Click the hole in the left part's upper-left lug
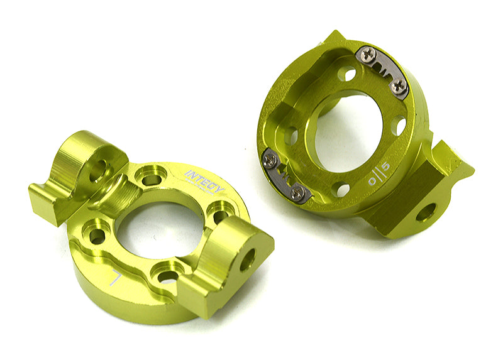coord(98,170)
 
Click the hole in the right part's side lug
coord(425,213)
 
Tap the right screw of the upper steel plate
coord(398,87)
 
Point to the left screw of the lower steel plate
coord(271,161)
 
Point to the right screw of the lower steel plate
coord(299,193)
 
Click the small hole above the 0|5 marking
coord(397,126)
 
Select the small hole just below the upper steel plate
coord(346,74)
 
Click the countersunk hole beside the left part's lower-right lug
coord(219,215)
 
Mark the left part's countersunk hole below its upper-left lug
coord(97,236)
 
